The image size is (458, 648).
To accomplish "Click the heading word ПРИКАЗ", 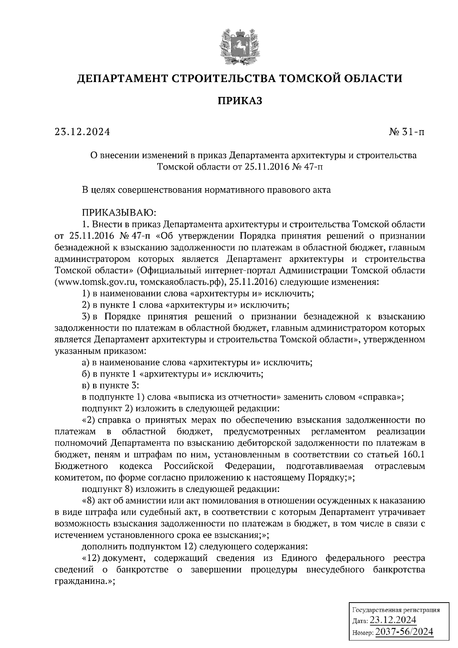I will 240,101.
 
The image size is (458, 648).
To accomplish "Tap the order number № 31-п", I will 406,132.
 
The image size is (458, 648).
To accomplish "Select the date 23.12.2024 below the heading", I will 82,132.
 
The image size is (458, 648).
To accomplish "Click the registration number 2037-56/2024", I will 405,632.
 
